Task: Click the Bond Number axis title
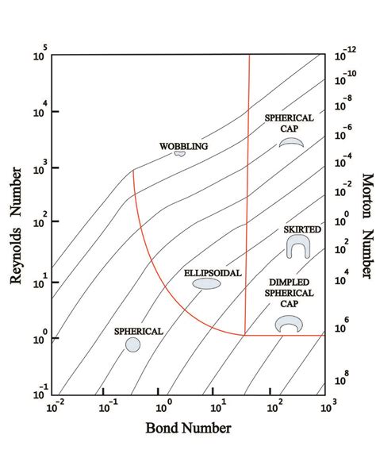[x=188, y=429]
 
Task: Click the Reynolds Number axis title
[x=15, y=224]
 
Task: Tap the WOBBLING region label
[x=183, y=146]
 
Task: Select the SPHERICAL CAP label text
[x=290, y=124]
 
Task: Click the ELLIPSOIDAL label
[x=207, y=272]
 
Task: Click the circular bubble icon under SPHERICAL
[x=132, y=344]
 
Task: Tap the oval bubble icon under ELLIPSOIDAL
[x=207, y=283]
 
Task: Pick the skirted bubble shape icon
[x=297, y=247]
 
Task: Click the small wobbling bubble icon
[x=180, y=153]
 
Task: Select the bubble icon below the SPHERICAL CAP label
[x=291, y=142]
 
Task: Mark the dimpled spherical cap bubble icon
[x=288, y=324]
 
